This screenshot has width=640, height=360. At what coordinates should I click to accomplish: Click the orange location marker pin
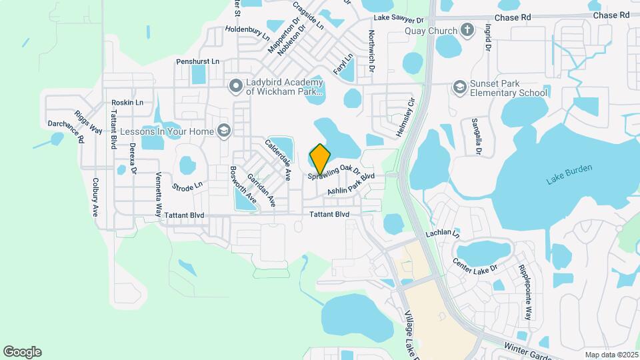pos(321,159)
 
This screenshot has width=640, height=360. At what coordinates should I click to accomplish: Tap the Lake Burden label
pos(569,179)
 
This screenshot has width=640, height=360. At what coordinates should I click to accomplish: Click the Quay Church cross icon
pos(467,31)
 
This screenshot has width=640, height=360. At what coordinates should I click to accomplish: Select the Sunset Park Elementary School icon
pos(459,87)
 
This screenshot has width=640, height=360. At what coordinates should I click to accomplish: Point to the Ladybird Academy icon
pos(235,86)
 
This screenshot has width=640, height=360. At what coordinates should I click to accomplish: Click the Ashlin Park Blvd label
pos(351,185)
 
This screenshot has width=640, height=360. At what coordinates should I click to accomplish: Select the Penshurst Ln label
pos(198,61)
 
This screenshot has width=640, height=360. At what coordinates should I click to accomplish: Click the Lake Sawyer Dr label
pos(399,21)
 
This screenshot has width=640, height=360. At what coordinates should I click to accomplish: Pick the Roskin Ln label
pos(127,103)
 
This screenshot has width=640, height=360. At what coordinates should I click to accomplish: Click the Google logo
pos(22,352)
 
